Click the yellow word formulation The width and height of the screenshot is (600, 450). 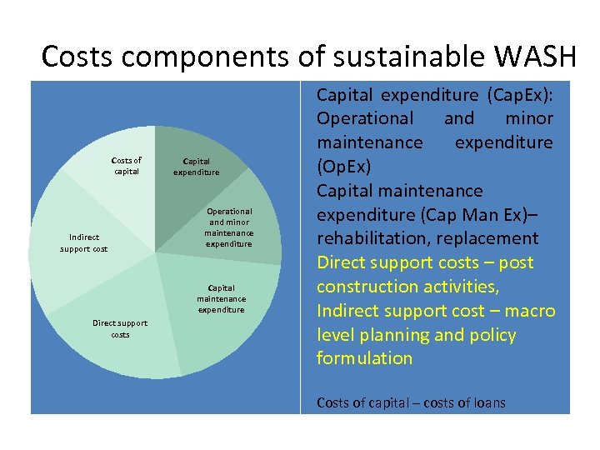(x=364, y=358)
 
